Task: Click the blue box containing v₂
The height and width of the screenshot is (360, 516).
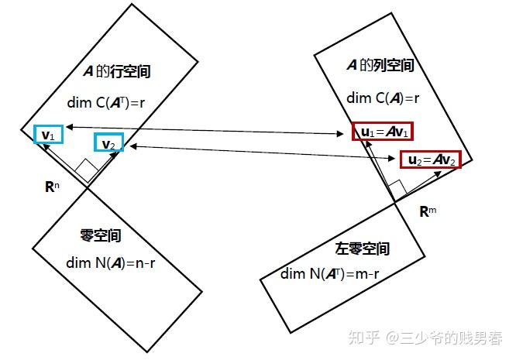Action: (x=108, y=144)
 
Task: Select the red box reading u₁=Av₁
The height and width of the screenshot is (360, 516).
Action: (x=383, y=132)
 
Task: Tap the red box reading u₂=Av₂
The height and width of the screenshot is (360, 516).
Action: (x=430, y=160)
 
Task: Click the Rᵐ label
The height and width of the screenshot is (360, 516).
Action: (x=427, y=211)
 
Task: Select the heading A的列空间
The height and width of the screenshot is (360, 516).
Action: (x=380, y=66)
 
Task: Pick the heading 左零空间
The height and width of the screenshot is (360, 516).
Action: (x=362, y=249)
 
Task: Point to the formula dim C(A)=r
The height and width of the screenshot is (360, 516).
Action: (x=383, y=98)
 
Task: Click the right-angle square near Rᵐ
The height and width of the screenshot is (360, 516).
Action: (x=397, y=187)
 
